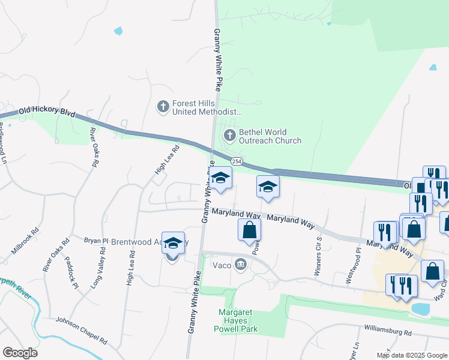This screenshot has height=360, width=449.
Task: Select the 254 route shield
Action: (237, 162)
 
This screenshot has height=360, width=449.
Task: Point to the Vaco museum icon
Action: (241, 264)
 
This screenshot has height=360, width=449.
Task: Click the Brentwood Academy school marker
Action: (173, 244)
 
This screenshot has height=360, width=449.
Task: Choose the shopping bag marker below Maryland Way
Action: (250, 231)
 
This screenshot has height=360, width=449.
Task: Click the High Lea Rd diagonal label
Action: (167, 161)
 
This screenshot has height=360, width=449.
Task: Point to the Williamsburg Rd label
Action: (387, 329)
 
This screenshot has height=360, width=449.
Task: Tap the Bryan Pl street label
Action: (96, 241)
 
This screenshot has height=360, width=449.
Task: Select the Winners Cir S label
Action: (319, 256)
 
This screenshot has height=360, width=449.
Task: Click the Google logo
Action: (20, 353)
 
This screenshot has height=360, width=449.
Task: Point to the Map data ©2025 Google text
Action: (412, 355)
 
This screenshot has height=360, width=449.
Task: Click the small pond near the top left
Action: (118, 31)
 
